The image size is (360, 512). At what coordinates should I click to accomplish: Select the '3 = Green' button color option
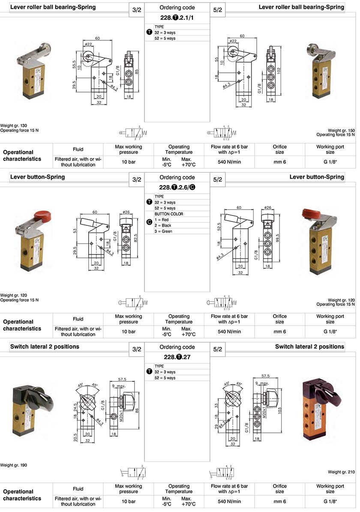[164, 231]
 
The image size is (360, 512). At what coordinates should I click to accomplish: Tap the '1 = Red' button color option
[163, 219]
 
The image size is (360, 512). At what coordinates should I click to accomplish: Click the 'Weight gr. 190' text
[14, 465]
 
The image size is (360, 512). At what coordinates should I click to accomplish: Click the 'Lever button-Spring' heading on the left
[38, 177]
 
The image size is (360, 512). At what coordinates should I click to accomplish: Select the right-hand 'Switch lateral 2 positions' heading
[309, 346]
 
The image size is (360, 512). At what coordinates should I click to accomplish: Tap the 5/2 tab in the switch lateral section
[217, 350]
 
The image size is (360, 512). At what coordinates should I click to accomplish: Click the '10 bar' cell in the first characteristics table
[129, 162]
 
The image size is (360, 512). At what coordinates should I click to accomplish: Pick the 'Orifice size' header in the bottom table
[280, 489]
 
